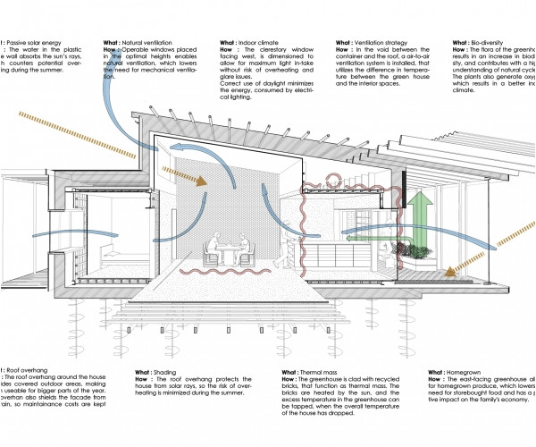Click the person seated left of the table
(x=211, y=249)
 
